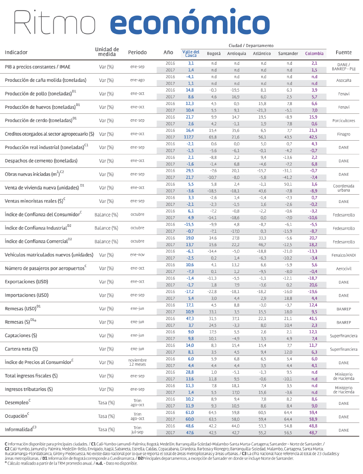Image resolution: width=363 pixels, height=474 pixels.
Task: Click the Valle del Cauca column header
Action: [x=191, y=54]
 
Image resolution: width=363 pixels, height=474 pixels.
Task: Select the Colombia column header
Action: [x=314, y=54]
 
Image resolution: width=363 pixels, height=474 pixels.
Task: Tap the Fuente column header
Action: [x=343, y=53]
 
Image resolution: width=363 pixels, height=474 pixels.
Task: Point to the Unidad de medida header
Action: [x=107, y=52]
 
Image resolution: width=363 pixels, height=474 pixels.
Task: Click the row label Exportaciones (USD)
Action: [x=26, y=282]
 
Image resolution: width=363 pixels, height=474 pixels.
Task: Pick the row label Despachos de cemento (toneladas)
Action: [x=41, y=161]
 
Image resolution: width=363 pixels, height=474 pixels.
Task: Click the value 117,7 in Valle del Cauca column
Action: [x=189, y=137]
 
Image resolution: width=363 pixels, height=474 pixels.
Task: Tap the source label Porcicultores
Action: [x=343, y=121]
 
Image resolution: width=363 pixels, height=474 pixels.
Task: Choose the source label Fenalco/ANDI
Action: [x=343, y=255]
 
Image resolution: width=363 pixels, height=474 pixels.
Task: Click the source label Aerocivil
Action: [x=343, y=269]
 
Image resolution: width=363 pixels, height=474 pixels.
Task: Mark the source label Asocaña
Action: [x=343, y=80]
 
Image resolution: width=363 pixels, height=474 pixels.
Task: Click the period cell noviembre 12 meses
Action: [x=137, y=362]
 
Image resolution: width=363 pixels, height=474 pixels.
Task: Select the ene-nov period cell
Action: [x=137, y=255]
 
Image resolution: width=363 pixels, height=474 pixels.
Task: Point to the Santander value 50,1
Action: [x=288, y=184]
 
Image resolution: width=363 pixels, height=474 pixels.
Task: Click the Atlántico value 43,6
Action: [x=262, y=191]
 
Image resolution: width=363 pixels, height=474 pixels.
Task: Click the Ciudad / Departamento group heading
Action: [x=251, y=46]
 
